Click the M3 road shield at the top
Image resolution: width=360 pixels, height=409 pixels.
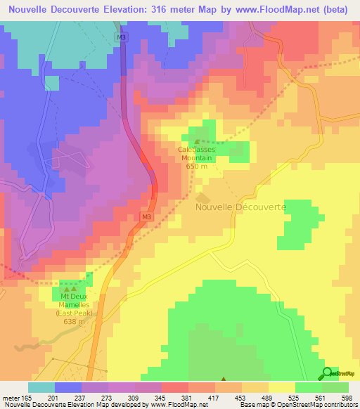pyautogui.click(x=123, y=37)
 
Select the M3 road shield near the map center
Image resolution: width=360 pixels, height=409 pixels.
pyautogui.click(x=146, y=217)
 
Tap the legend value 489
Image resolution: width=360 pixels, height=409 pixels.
pyautogui.click(x=266, y=397)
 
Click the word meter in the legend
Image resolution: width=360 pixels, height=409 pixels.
pyautogui.click(x=12, y=397)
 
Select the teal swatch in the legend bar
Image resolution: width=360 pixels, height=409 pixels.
pyautogui.click(x=41, y=387)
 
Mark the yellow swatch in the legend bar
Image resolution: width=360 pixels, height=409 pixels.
pyautogui.click(x=281, y=387)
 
